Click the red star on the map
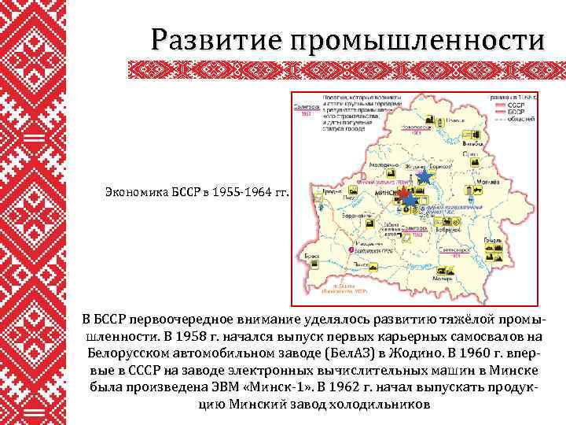coord(402,192)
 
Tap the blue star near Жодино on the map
coord(424,176)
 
